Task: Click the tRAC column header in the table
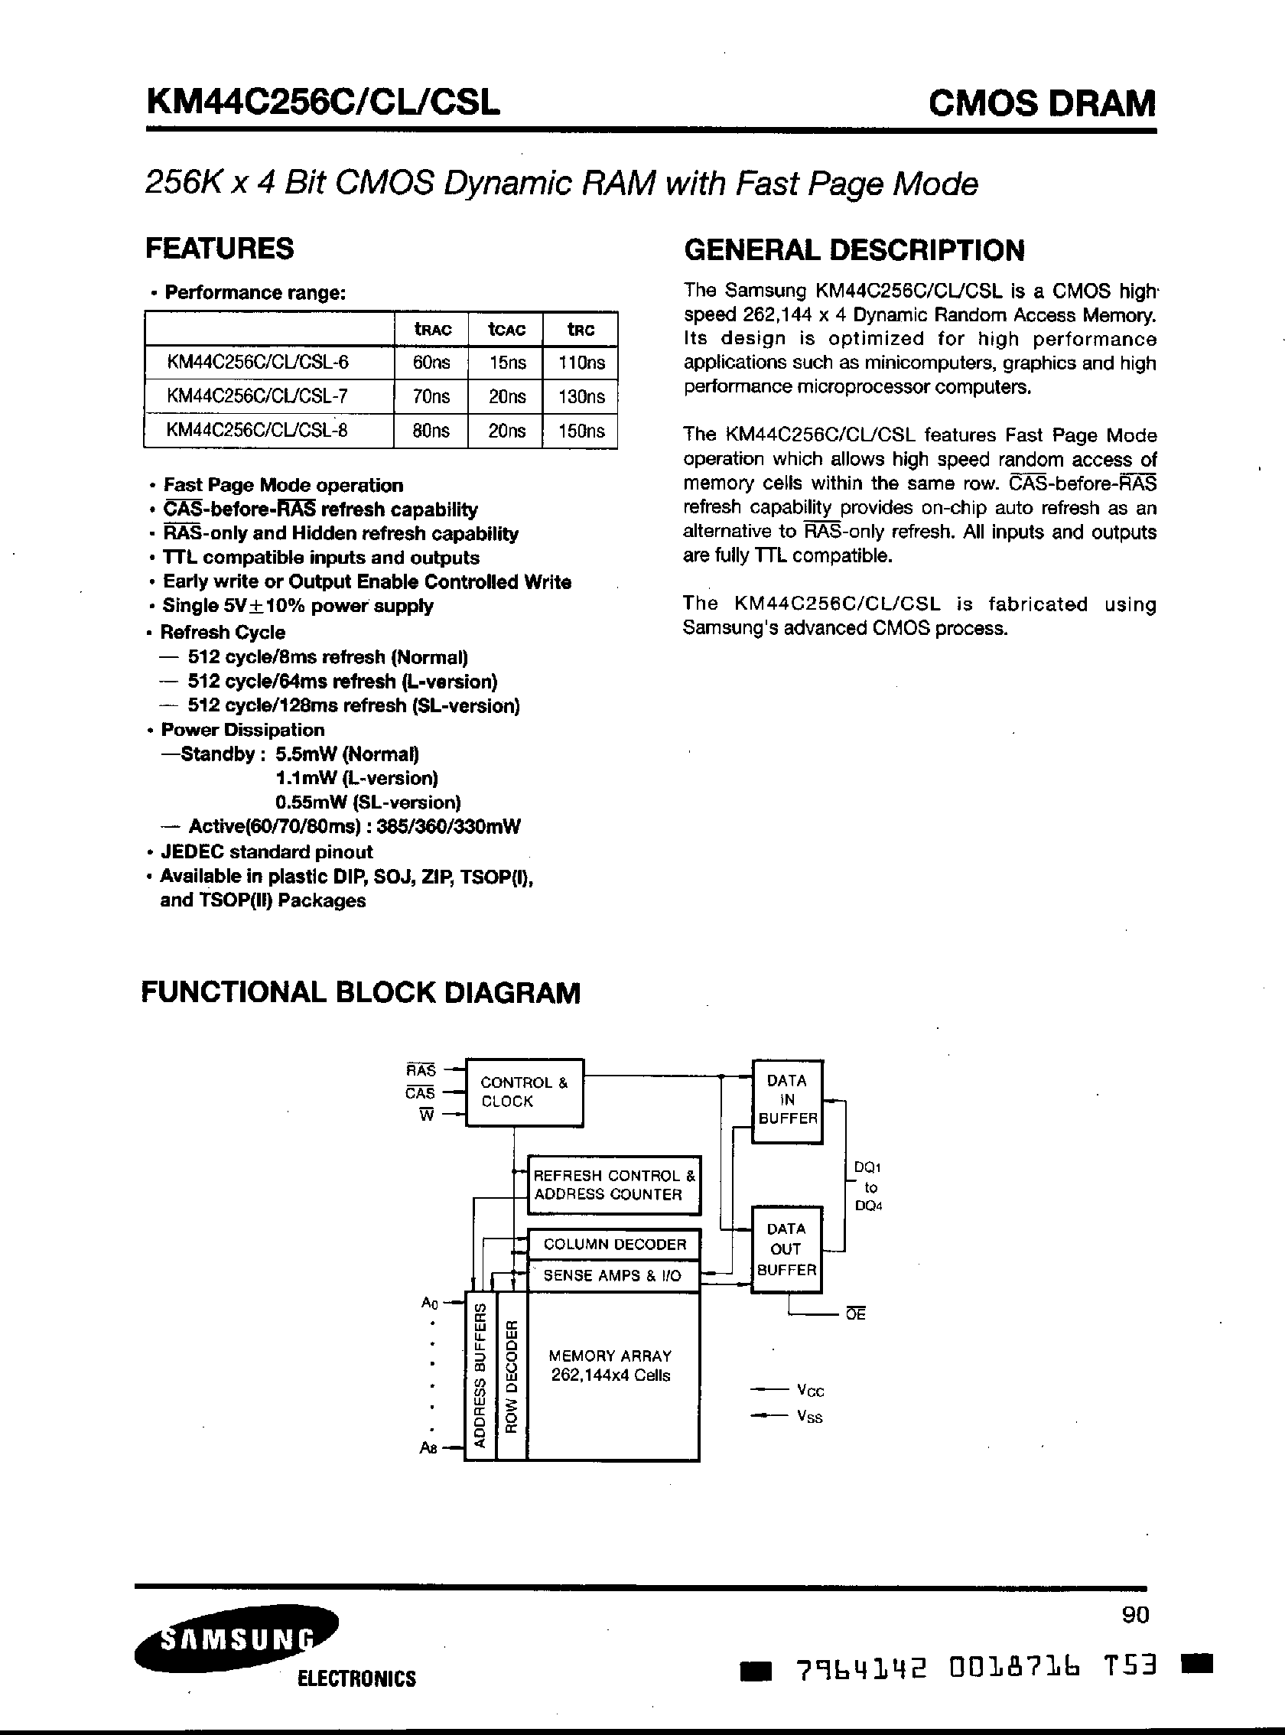(431, 330)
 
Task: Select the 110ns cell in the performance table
(581, 363)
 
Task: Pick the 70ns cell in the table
(431, 397)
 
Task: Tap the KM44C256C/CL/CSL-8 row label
(257, 431)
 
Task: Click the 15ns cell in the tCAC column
(506, 363)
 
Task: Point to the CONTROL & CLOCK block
(523, 1092)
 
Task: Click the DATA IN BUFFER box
(787, 1099)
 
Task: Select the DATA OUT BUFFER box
(786, 1248)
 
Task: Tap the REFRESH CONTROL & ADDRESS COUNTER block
(613, 1185)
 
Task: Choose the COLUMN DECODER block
(613, 1244)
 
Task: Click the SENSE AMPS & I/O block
(612, 1275)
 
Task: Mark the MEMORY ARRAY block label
(610, 1366)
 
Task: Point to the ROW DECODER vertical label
(511, 1375)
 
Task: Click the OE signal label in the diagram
(856, 1314)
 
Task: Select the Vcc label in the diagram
(810, 1391)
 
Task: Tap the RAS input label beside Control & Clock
(421, 1070)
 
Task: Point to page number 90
(1135, 1616)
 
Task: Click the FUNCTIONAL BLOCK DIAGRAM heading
(361, 993)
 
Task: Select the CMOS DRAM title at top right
(1043, 103)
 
